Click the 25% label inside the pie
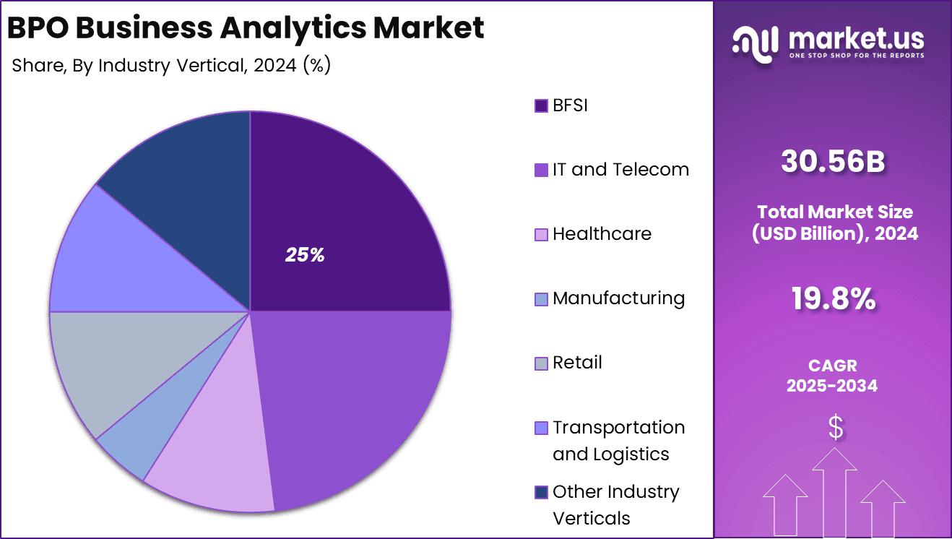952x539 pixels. point(305,255)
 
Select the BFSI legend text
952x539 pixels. point(570,105)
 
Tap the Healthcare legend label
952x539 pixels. point(602,234)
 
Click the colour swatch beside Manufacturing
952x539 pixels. point(541,299)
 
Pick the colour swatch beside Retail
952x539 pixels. point(541,363)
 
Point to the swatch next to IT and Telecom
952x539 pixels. point(541,171)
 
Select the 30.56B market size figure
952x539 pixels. point(832,163)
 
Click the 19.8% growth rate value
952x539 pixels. point(832,298)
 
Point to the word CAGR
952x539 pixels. point(832,366)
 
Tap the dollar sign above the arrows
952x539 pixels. point(835,428)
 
